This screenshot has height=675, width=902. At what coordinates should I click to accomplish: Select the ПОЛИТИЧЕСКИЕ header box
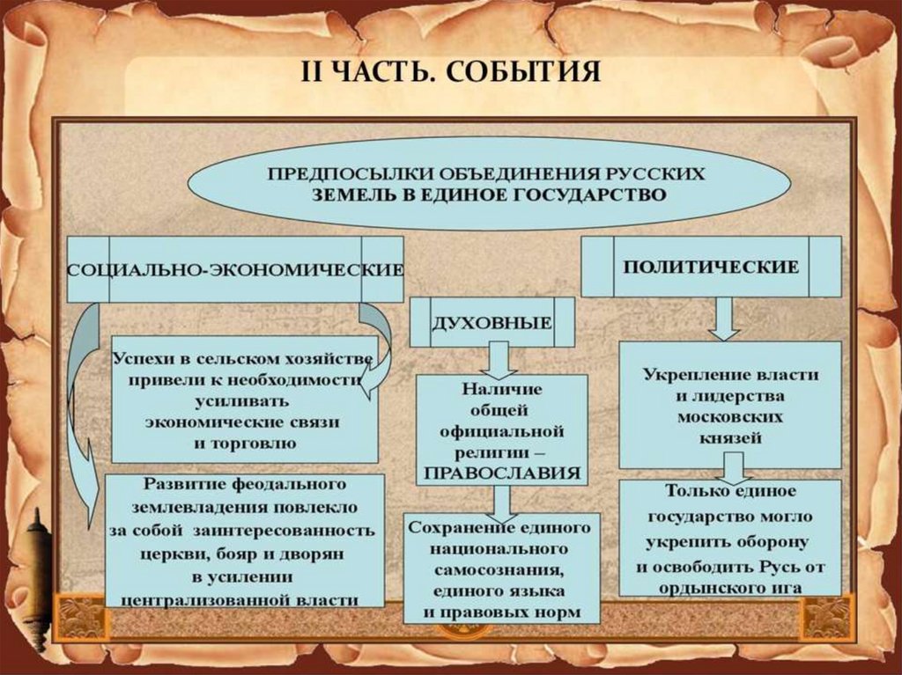pos(712,266)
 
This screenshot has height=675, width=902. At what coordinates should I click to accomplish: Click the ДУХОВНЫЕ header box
pos(492,322)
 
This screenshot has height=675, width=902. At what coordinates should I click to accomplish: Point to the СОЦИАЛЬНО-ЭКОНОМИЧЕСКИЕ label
pos(235,269)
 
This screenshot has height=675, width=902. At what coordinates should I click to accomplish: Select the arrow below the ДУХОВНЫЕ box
pos(500,360)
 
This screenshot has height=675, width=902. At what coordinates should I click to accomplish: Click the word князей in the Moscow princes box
pos(730,437)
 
